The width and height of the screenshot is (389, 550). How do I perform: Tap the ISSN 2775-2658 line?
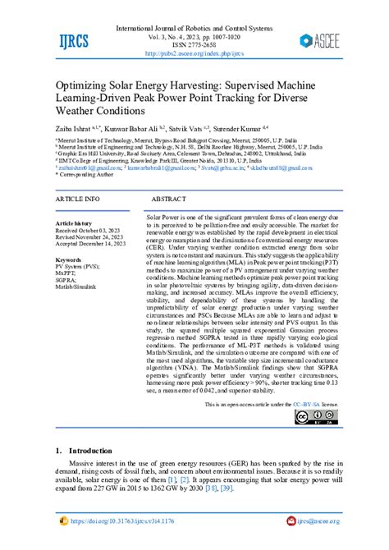coord(194,44)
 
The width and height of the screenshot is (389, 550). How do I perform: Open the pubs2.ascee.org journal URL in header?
coord(194,53)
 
